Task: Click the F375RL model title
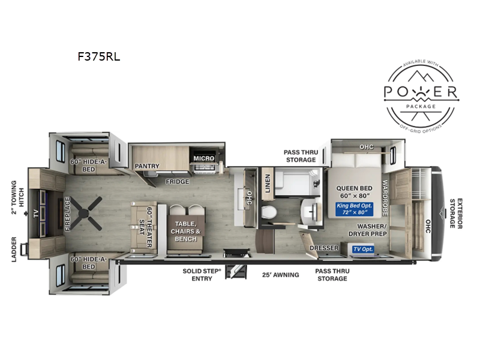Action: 98,56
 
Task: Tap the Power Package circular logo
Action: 421,96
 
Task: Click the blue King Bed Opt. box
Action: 354,209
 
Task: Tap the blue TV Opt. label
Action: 363,249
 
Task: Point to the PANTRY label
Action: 147,166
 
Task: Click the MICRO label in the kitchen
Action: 203,158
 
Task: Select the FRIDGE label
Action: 178,182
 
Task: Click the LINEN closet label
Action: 268,184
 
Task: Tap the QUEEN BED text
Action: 354,188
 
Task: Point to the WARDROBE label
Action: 385,198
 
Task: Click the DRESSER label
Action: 324,248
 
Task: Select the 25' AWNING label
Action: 280,275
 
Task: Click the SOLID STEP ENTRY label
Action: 202,275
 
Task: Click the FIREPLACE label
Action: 68,214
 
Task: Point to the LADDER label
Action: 14,250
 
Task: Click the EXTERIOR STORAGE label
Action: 456,214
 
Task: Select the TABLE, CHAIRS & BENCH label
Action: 186,232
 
